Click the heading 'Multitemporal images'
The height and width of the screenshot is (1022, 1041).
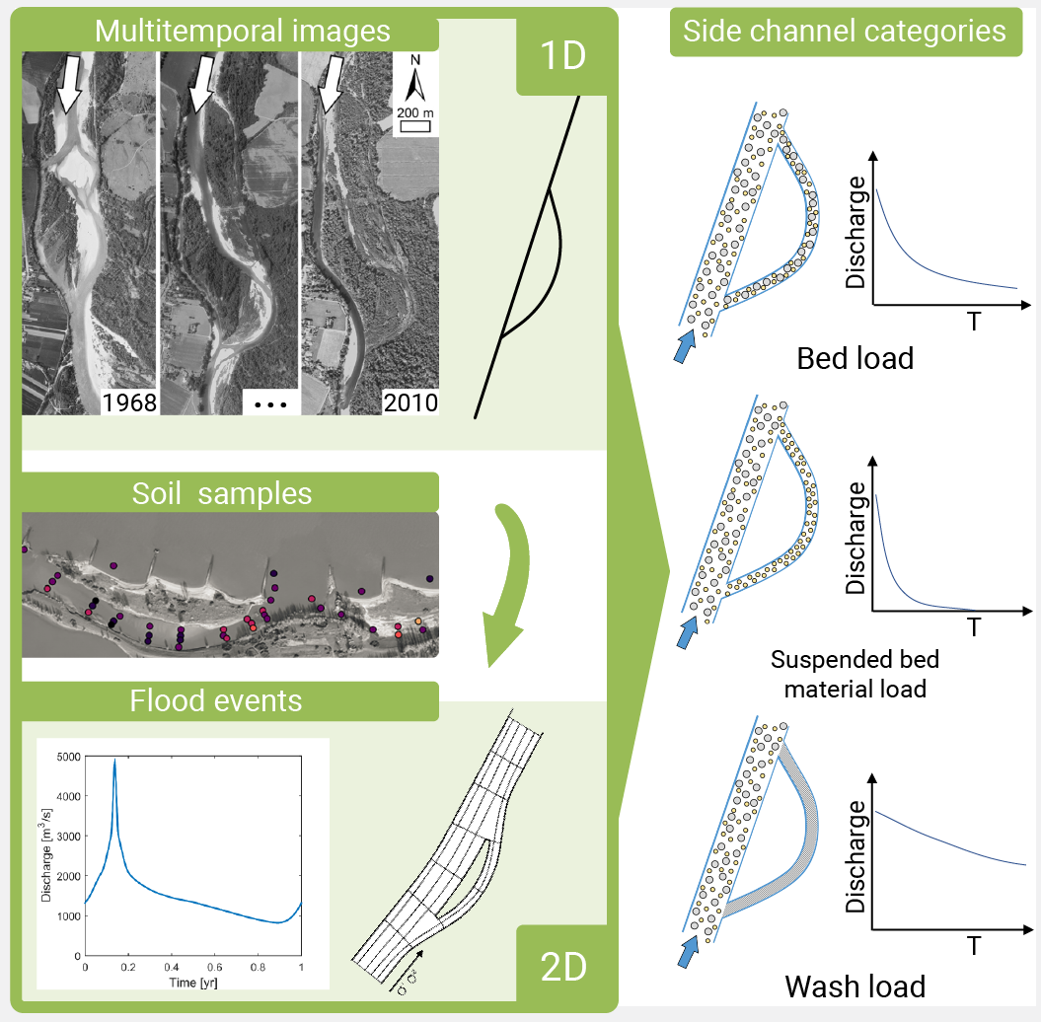click(x=242, y=31)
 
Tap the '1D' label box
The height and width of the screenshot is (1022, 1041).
click(x=561, y=56)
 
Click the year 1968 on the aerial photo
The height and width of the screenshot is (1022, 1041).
click(x=130, y=402)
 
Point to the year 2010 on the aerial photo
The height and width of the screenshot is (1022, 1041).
click(x=410, y=403)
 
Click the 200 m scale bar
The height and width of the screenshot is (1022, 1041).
click(x=415, y=126)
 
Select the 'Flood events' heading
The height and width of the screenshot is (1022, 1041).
click(x=215, y=700)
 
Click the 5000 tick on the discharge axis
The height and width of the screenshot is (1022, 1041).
click(x=66, y=757)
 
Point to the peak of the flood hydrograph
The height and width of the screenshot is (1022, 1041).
click(x=114, y=760)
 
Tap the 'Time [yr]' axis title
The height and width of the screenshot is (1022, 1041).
click(x=192, y=981)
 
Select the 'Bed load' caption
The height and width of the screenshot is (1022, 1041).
click(x=855, y=358)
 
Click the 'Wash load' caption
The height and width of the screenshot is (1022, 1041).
click(x=855, y=986)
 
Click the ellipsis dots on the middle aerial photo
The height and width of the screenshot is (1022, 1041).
click(x=269, y=404)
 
